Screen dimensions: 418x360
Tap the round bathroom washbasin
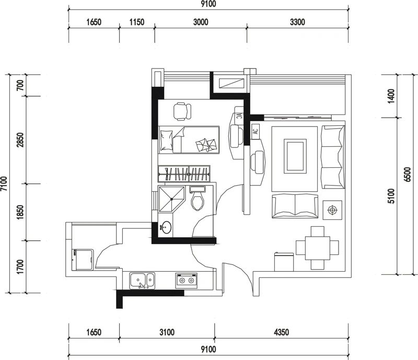166,227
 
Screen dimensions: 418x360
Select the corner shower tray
171,199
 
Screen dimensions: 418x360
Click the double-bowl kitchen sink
142,281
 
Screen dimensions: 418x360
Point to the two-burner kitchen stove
187,280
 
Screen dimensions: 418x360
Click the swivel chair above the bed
182,111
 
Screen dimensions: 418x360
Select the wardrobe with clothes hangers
184,173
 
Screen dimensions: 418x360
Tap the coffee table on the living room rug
295,156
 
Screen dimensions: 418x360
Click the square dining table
318,248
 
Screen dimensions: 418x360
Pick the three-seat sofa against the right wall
333,157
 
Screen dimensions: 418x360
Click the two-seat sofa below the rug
295,206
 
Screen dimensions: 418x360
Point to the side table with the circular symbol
332,210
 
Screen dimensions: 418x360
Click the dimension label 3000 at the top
201,22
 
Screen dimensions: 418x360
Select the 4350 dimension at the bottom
282,332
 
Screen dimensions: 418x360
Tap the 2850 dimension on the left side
20,140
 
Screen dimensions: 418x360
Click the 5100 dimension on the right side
391,196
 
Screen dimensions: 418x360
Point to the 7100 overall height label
4,184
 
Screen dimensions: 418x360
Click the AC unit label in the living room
256,131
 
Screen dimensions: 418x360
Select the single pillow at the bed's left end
167,141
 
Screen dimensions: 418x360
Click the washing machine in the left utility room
83,260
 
